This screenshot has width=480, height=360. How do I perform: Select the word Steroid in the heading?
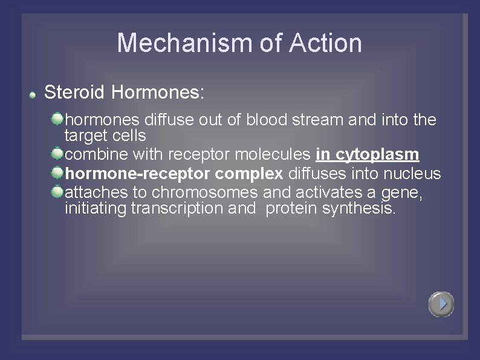point(76,93)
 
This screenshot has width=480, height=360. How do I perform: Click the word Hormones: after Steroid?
point(158,93)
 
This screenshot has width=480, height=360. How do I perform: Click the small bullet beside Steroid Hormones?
point(34,94)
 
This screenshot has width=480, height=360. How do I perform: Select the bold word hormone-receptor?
point(138,174)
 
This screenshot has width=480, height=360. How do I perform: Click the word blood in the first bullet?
point(268,120)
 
